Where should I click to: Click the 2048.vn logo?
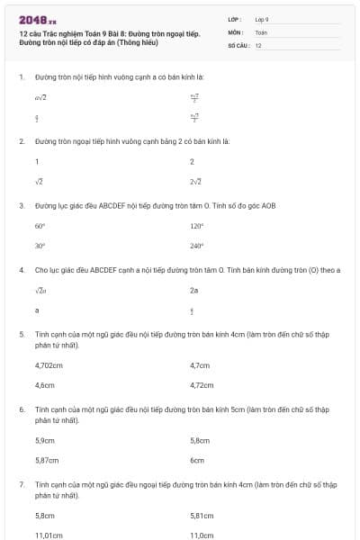[x=38, y=18]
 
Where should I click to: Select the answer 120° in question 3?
[x=197, y=227]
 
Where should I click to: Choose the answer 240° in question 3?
[x=197, y=245]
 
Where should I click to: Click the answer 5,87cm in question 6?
[x=46, y=460]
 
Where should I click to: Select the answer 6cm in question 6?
[x=197, y=460]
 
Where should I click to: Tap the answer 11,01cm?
[x=49, y=535]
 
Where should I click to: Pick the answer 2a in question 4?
[x=194, y=291]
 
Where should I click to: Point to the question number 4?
[x=21, y=269]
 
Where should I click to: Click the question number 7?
[x=21, y=484]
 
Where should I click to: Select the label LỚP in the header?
[x=235, y=19]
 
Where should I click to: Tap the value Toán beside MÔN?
[x=261, y=31]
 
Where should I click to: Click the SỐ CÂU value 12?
[x=258, y=44]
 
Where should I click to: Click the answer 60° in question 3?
[x=40, y=227]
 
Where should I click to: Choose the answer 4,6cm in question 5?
[x=44, y=384]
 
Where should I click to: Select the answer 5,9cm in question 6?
[x=44, y=441]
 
